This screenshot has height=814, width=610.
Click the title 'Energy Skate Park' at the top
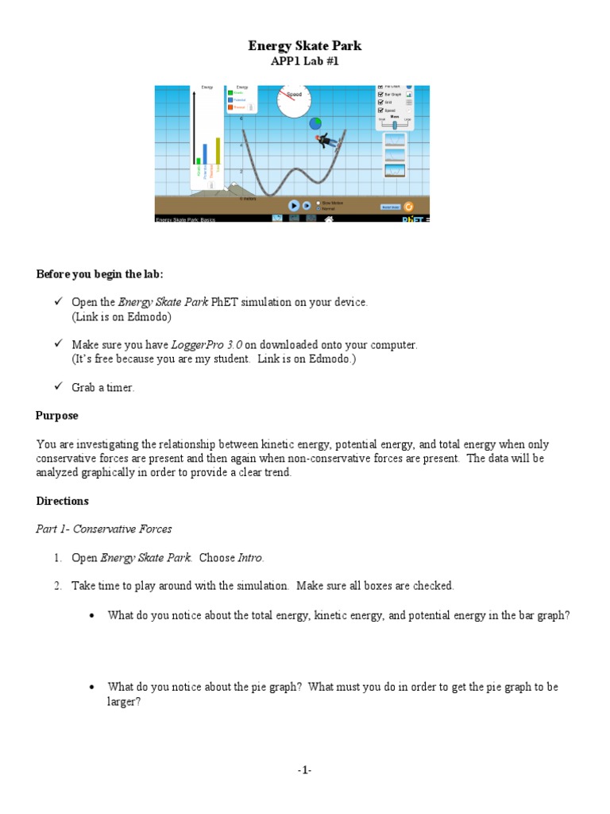tap(306, 46)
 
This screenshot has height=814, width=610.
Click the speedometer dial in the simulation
tap(294, 100)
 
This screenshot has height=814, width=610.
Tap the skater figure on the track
tap(325, 141)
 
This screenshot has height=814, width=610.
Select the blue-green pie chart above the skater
tap(315, 123)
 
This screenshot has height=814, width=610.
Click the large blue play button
tap(293, 205)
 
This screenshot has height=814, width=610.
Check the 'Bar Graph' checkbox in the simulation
tap(381, 94)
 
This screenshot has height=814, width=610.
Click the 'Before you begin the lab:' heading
tap(99, 274)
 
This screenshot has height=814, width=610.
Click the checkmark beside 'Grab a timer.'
tap(57, 387)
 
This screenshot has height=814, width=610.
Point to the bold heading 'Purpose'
tap(57, 416)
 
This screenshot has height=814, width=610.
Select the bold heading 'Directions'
tap(63, 502)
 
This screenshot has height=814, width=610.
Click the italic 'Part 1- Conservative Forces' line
tap(104, 529)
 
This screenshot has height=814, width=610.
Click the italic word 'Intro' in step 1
tap(251, 558)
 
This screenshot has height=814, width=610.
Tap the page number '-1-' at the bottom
tap(305, 770)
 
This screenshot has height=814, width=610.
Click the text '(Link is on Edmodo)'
tap(122, 316)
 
